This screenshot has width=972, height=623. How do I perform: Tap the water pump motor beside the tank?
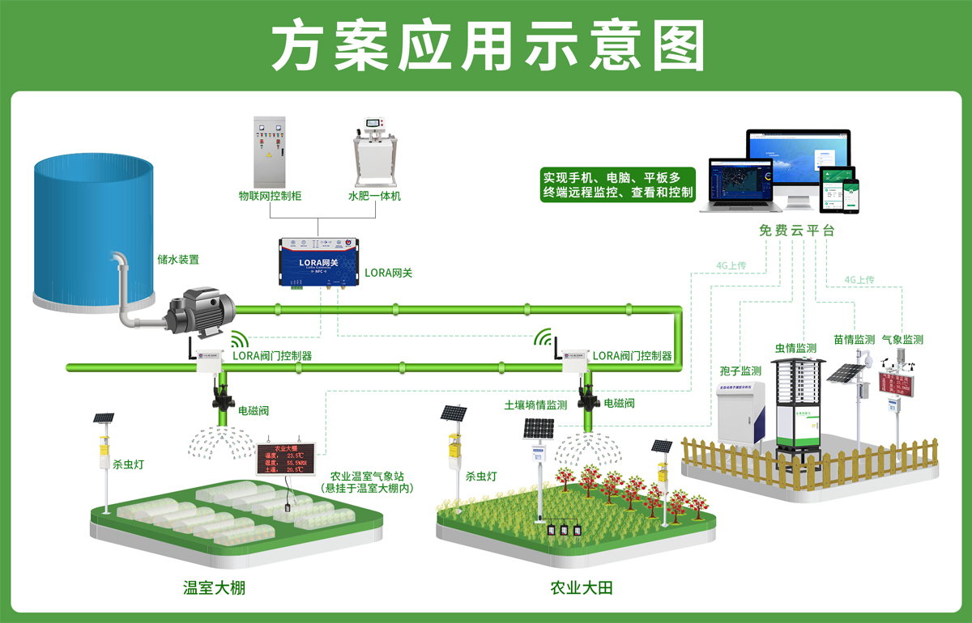coord(202,311)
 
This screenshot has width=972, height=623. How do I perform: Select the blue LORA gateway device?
coord(317,262)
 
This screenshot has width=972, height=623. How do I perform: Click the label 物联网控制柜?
coord(270,196)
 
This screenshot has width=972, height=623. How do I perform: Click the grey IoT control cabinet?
coord(270,151)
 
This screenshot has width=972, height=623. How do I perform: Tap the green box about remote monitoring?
coord(618,184)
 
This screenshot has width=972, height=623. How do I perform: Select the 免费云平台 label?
coord(796,231)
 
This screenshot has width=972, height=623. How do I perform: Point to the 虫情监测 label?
coord(796,348)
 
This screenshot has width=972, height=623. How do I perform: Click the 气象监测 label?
coord(902,340)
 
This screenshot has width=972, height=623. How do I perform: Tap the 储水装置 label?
coord(178,261)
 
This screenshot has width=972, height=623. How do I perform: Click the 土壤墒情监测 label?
coord(535,405)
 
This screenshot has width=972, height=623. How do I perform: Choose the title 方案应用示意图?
coord(486,46)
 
